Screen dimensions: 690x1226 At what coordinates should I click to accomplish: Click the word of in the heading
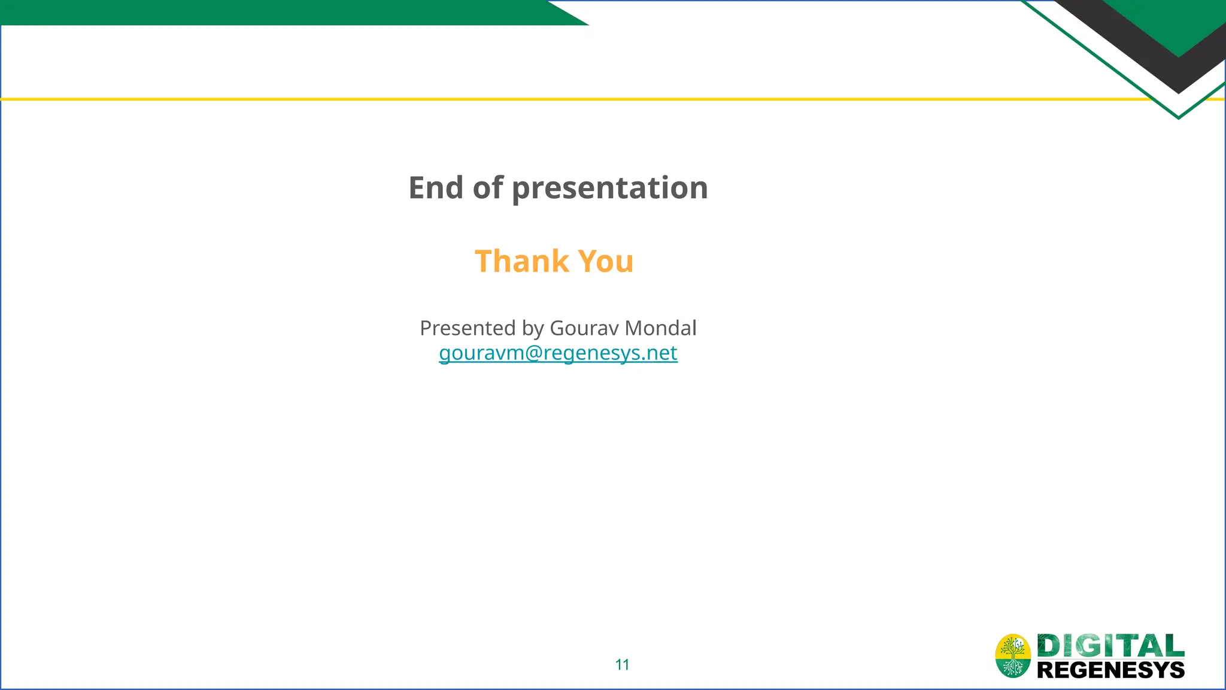pyautogui.click(x=488, y=187)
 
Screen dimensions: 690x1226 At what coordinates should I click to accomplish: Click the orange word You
pyautogui.click(x=606, y=261)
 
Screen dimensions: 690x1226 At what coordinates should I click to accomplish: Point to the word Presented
pyautogui.click(x=468, y=328)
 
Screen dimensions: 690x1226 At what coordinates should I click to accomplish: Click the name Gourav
pyautogui.click(x=584, y=328)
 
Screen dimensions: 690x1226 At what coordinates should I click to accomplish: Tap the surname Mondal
pyautogui.click(x=660, y=328)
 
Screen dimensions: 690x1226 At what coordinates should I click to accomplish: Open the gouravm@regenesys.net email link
pyautogui.click(x=558, y=353)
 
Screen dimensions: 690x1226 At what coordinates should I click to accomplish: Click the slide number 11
pyautogui.click(x=622, y=664)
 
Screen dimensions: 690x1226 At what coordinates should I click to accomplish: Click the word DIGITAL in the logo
pyautogui.click(x=1110, y=646)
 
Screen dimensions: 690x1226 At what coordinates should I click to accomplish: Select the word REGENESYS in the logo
pyautogui.click(x=1110, y=670)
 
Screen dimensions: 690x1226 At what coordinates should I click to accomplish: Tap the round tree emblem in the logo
pyautogui.click(x=1013, y=656)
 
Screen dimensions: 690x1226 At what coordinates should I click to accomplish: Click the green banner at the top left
pyautogui.click(x=269, y=12)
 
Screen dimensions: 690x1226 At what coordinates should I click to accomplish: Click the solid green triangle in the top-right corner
pyautogui.click(x=1173, y=24)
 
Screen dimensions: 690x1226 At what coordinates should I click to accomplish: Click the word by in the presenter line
pyautogui.click(x=532, y=328)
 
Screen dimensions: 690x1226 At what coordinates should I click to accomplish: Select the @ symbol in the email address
pyautogui.click(x=534, y=353)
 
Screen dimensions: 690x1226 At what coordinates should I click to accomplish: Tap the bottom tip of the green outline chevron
pyautogui.click(x=1178, y=117)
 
